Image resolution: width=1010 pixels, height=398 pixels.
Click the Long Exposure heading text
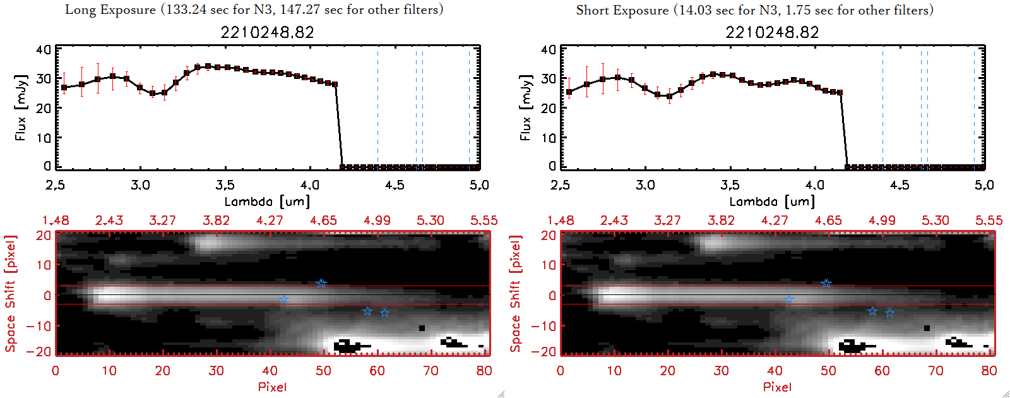[254, 9]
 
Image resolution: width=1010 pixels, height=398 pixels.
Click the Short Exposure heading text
[754, 10]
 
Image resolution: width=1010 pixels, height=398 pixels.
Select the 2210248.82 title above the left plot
[267, 32]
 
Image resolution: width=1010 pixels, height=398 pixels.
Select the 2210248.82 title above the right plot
[772, 32]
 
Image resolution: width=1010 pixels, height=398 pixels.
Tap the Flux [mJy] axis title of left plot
[21, 107]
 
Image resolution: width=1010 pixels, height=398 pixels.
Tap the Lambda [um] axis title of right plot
[772, 202]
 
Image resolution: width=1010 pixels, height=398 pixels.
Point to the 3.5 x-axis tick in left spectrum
[225, 185]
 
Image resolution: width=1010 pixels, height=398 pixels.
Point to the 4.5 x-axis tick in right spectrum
[900, 185]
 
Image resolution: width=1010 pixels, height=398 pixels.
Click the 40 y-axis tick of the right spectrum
[549, 49]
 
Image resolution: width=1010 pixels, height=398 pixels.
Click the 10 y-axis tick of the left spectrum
[44, 137]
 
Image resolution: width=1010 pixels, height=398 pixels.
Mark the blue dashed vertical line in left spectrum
[377, 107]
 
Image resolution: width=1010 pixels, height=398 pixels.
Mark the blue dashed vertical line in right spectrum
[882, 107]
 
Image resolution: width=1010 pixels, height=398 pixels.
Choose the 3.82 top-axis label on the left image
[216, 220]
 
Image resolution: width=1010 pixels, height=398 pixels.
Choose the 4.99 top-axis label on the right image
[882, 220]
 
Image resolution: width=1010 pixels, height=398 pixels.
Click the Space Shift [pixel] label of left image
[10, 294]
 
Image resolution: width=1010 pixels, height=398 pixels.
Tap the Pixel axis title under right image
[777, 387]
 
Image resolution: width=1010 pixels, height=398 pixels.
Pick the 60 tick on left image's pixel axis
[377, 371]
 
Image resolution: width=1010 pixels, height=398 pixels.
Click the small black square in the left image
[422, 328]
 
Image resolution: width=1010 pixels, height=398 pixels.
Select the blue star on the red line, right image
[826, 284]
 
